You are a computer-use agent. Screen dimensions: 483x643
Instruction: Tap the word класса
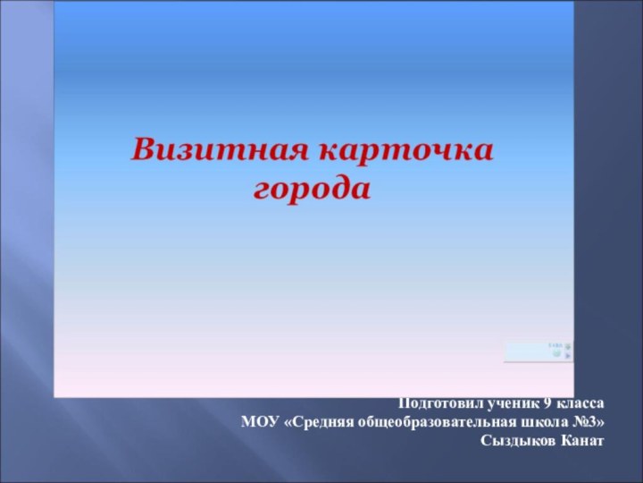coord(581,403)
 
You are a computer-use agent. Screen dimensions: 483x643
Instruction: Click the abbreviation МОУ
coord(260,422)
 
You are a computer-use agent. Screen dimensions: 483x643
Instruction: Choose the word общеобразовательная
coord(433,422)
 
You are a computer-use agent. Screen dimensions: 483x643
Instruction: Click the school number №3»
coord(587,422)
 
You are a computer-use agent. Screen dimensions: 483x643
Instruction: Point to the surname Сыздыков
coord(516,441)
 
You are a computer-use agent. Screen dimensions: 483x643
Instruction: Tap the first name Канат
coord(580,441)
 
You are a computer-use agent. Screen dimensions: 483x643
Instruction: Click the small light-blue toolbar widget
coord(539,351)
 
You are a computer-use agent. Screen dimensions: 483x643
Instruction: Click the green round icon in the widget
coord(556,354)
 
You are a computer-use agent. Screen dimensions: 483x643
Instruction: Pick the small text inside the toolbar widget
coord(554,344)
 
